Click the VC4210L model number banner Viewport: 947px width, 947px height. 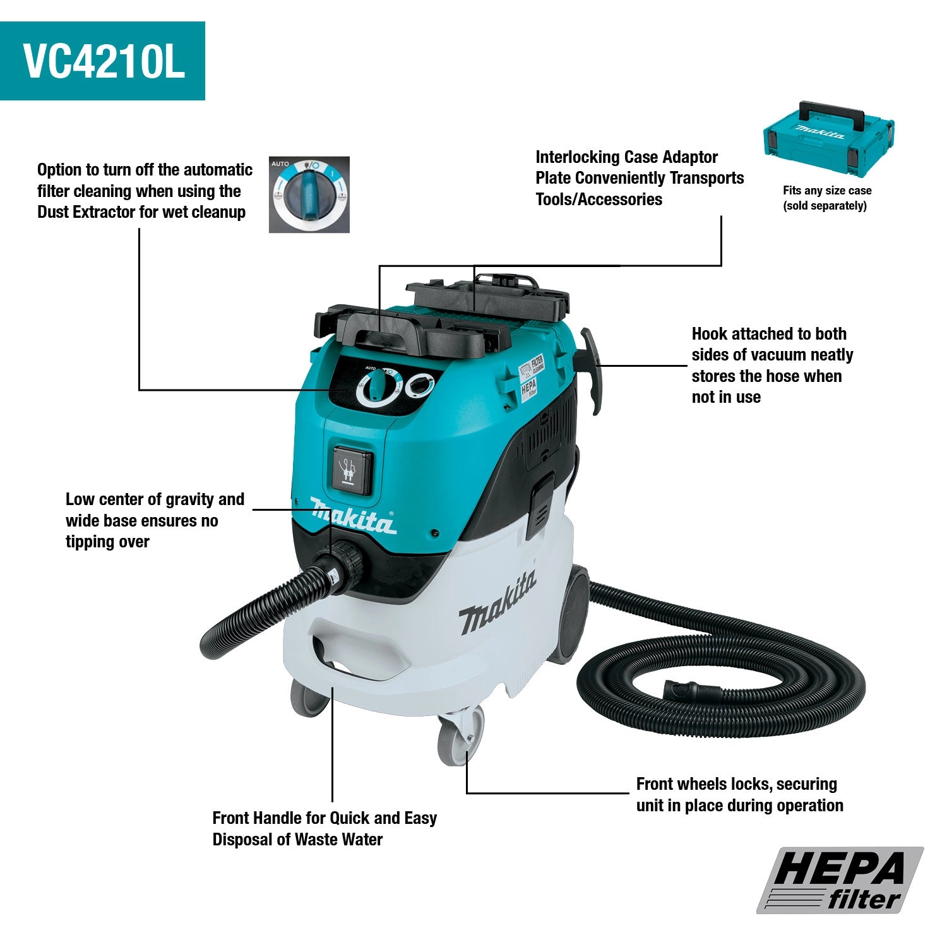click(102, 61)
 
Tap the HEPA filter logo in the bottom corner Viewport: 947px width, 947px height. click(840, 880)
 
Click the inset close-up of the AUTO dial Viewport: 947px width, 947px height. click(309, 194)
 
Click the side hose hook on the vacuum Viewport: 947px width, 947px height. click(592, 369)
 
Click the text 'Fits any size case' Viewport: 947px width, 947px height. click(826, 191)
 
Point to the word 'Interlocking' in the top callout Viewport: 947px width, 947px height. click(576, 157)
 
